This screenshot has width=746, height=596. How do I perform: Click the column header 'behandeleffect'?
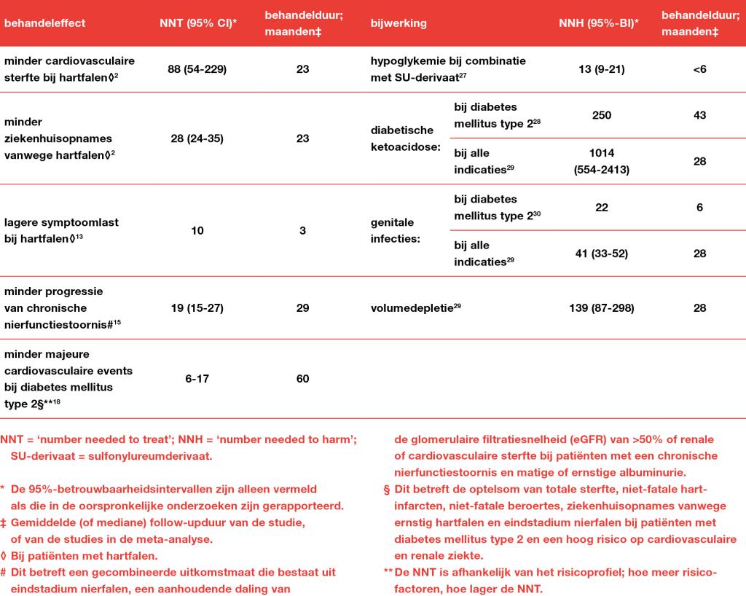tap(44, 23)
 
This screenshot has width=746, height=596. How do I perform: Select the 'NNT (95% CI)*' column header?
tap(197, 23)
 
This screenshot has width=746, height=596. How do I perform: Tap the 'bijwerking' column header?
tap(398, 23)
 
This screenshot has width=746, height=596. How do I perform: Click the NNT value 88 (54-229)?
tap(197, 69)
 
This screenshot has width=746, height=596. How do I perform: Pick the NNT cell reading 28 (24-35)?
tap(197, 138)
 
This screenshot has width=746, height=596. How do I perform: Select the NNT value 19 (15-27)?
tap(197, 308)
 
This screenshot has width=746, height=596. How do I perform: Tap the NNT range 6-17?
tap(197, 378)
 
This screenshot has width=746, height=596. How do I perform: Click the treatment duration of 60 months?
tap(302, 378)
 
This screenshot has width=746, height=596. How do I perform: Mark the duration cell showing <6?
tap(699, 69)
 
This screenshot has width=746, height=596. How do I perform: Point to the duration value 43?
tap(699, 115)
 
